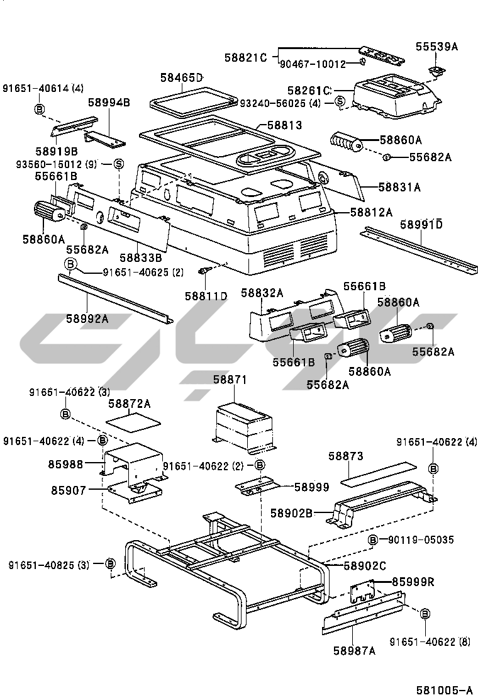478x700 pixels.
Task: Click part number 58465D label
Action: (x=181, y=77)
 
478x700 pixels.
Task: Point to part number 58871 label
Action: (x=230, y=380)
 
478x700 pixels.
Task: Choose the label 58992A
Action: (x=87, y=319)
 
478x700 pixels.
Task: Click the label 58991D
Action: (x=421, y=224)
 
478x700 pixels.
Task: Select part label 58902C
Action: (x=364, y=566)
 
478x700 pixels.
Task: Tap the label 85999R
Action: (x=413, y=582)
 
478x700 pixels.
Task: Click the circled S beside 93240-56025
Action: (x=340, y=102)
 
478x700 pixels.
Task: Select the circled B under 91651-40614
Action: (x=39, y=110)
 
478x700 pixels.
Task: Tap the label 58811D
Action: (x=206, y=295)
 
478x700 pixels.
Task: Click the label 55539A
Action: (x=436, y=47)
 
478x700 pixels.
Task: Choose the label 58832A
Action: (x=262, y=293)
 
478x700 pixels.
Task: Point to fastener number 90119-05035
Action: (x=421, y=539)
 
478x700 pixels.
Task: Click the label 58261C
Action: (x=309, y=91)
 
